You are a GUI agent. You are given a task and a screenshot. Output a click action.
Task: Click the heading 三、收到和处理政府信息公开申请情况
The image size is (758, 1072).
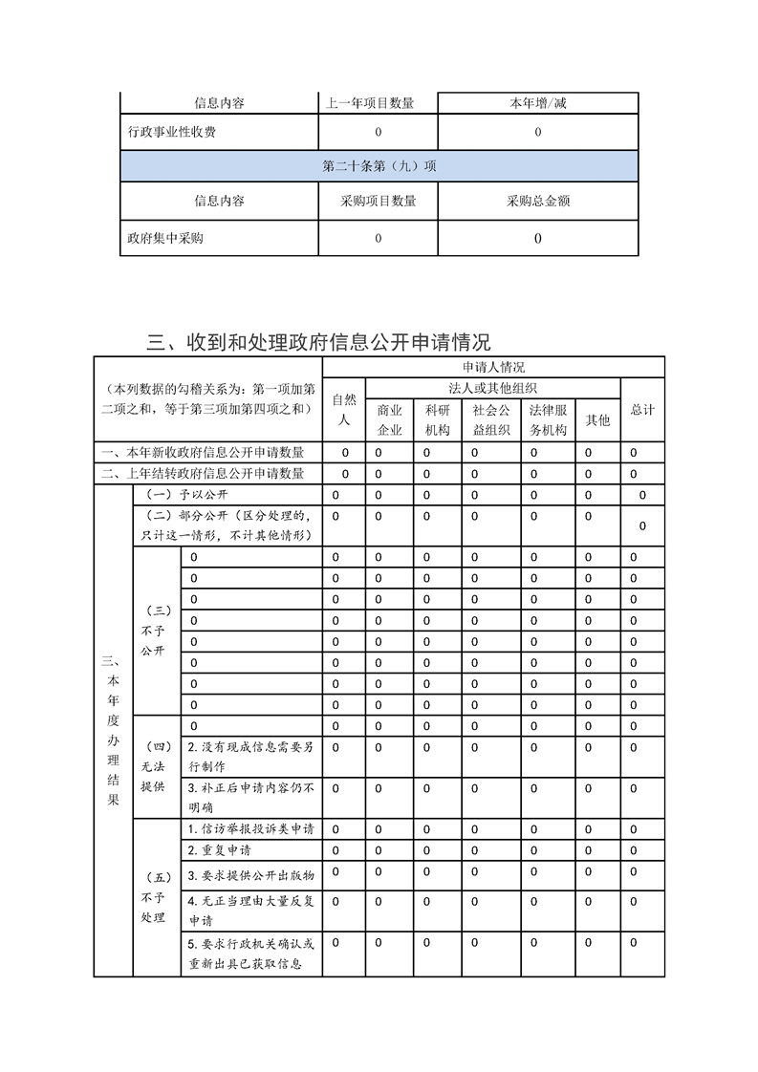click(318, 342)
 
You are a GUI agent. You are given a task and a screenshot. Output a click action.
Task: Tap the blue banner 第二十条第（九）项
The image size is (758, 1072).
click(379, 165)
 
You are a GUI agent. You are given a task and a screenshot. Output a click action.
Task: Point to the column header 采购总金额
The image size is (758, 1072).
click(538, 202)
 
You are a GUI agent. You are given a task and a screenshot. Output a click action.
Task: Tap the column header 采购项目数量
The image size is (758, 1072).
click(378, 202)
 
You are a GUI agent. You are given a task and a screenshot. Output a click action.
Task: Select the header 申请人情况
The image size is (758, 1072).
click(493, 367)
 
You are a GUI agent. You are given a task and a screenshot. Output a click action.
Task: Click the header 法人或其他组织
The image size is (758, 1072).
click(492, 388)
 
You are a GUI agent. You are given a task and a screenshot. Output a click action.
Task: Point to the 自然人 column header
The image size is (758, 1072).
click(345, 409)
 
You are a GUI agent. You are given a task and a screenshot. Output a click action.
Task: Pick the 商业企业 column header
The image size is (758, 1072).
click(390, 419)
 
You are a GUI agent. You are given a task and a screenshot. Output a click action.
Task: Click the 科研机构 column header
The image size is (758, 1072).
click(438, 419)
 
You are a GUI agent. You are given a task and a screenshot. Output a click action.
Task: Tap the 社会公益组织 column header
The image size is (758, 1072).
click(491, 419)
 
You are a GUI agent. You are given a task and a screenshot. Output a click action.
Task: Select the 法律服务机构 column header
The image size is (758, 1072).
click(549, 419)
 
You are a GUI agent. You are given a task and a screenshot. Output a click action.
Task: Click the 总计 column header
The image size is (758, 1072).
click(642, 409)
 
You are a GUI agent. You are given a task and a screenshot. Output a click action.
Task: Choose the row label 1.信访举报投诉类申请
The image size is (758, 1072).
click(250, 828)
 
